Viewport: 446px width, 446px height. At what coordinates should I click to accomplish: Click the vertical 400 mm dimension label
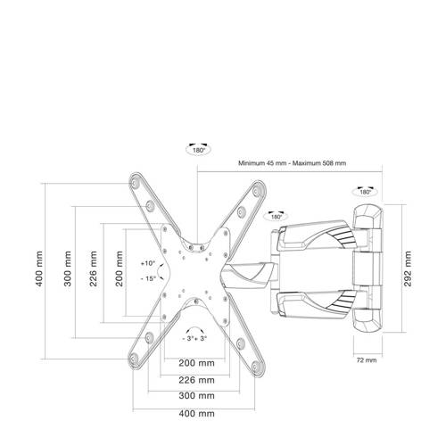pos(39,268)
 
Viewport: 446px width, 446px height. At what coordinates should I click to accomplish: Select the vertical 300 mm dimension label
pos(68,268)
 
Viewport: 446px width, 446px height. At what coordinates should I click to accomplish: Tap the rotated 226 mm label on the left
pos(94,268)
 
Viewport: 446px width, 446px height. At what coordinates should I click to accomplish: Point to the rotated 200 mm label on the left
pos(119,268)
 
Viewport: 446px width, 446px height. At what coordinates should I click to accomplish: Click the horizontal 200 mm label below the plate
pos(196,363)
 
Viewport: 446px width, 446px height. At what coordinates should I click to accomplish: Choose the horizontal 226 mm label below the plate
pos(196,380)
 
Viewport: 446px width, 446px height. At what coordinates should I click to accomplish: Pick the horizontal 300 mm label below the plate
pos(196,396)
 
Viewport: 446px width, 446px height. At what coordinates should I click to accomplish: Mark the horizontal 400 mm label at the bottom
pos(196,413)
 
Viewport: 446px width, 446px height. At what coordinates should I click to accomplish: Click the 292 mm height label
pos(408,268)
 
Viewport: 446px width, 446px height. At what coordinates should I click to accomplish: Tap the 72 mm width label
pos(367,360)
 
